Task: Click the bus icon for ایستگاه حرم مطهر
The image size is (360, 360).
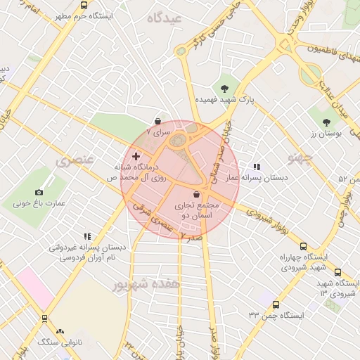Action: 84,6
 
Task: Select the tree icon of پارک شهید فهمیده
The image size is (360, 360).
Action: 224,89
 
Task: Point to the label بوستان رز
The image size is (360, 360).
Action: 325,133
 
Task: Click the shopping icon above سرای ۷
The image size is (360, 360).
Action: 156,121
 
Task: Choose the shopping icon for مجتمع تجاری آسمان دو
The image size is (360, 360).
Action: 195,194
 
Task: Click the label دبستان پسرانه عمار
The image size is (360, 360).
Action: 257,179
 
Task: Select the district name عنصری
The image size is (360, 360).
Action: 74,160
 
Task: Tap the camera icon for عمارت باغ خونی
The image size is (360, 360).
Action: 39,192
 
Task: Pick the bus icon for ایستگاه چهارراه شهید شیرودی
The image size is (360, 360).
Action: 303,247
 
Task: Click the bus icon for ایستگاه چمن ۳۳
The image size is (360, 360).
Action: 275,304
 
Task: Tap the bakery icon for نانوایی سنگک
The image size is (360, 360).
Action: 60,330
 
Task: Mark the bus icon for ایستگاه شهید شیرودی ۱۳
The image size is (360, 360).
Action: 337,273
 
